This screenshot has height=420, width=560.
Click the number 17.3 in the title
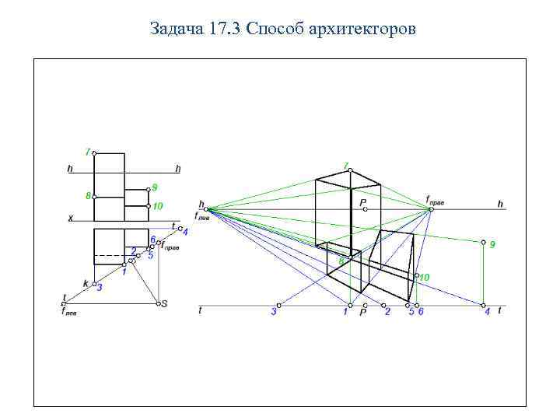pos(224,30)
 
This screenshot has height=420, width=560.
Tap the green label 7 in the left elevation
pos(87,151)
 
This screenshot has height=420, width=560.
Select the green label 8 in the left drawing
pos(87,196)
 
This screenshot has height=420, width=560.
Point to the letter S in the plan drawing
pos(163,304)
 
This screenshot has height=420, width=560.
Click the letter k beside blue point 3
pos(86,283)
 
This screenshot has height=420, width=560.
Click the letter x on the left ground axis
pos(70,219)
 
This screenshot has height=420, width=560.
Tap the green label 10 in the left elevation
pos(158,206)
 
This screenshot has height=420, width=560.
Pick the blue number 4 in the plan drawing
pos(185,232)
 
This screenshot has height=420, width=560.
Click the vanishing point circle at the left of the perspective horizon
pos(207,208)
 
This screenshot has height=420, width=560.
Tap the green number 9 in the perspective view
pos(492,244)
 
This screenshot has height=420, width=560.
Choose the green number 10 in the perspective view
pos(425,276)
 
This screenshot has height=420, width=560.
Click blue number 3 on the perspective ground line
pos(273,312)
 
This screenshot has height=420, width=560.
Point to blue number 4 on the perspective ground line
pos(487,312)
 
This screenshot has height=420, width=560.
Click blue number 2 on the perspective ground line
pos(387,312)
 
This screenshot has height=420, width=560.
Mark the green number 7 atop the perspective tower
pos(345,165)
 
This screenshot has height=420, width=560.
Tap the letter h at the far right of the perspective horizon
pos(500,204)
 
